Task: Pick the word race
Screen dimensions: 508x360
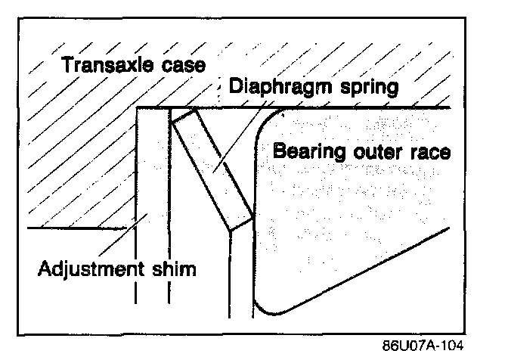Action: (433, 151)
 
